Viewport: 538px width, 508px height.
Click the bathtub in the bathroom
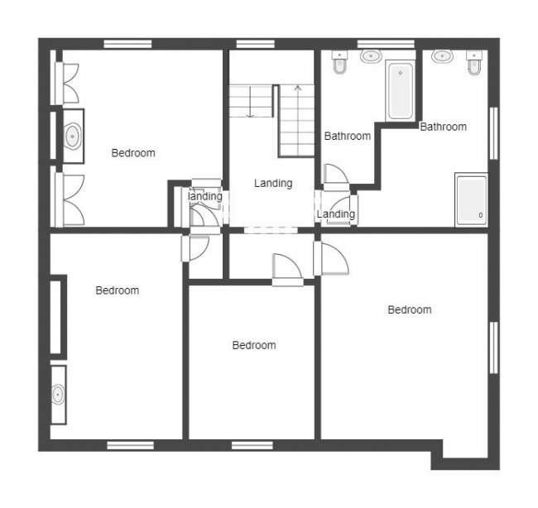(x=401, y=90)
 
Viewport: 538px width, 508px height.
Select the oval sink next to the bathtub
(x=370, y=57)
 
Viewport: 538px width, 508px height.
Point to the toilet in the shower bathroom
(x=474, y=64)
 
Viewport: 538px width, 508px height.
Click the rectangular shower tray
(x=472, y=199)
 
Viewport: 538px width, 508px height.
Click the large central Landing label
(x=273, y=184)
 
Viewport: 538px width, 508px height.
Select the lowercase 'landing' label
(x=205, y=197)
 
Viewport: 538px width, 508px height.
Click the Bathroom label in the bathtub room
(x=347, y=136)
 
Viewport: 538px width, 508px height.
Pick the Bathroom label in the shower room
(x=443, y=127)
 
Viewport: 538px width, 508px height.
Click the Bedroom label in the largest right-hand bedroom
(x=410, y=309)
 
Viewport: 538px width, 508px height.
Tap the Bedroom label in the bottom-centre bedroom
(x=253, y=345)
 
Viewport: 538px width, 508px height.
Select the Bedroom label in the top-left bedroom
(x=133, y=152)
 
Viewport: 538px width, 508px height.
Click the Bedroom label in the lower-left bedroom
(x=117, y=290)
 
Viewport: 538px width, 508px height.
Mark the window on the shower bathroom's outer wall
(x=495, y=132)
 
